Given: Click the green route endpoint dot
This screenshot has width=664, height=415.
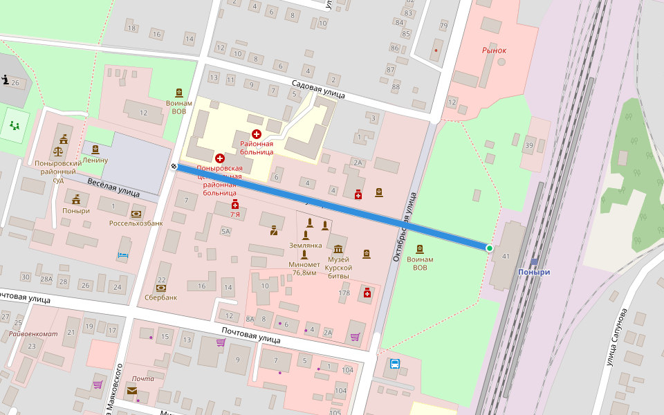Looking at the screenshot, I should [490, 248].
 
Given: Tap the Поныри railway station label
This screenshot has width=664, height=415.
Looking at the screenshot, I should [533, 272].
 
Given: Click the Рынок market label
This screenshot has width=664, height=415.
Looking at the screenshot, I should [494, 50].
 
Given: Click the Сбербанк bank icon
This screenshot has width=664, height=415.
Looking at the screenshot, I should [161, 287].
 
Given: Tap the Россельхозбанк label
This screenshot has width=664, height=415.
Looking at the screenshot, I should [136, 223].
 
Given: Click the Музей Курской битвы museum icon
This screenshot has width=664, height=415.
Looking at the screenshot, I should [338, 249].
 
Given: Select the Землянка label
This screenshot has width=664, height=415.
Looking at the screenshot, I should [305, 245].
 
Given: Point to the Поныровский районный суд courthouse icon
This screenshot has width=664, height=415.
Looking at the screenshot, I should [58, 149].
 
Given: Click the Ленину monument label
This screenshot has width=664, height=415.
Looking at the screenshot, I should [95, 160].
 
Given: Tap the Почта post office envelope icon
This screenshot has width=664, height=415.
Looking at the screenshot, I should [131, 390].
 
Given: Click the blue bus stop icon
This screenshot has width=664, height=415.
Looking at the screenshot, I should [394, 364].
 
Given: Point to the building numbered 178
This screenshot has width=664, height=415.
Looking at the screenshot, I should [344, 293].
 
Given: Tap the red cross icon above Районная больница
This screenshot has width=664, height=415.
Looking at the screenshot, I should [257, 133].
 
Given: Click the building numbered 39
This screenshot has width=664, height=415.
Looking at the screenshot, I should [529, 145].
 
